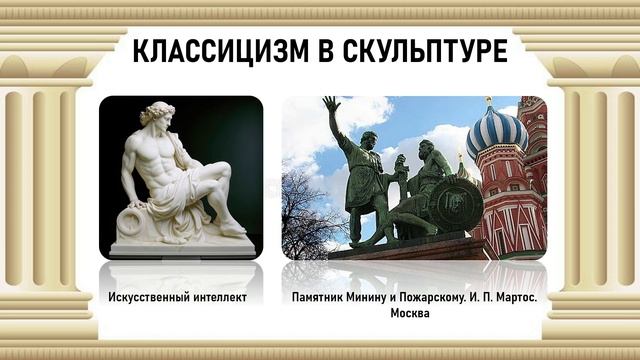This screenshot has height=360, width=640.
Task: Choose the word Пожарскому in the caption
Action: pyautogui.click(x=431, y=298)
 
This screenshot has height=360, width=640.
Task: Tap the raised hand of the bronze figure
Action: pyautogui.click(x=331, y=104)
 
